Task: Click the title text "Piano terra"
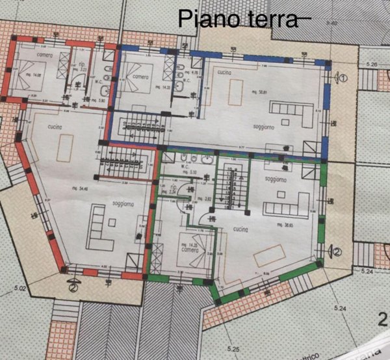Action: click(237, 19)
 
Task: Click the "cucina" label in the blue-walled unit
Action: click(226, 74)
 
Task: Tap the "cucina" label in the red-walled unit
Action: click(55, 127)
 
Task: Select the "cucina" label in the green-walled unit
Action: click(235, 229)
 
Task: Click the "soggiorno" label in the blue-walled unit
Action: click(264, 129)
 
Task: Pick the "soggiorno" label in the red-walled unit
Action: click(123, 203)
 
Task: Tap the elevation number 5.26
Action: click(372, 65)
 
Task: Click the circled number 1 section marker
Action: click(344, 77)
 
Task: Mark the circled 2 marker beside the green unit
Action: click(337, 249)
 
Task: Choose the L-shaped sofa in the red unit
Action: click(104, 222)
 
